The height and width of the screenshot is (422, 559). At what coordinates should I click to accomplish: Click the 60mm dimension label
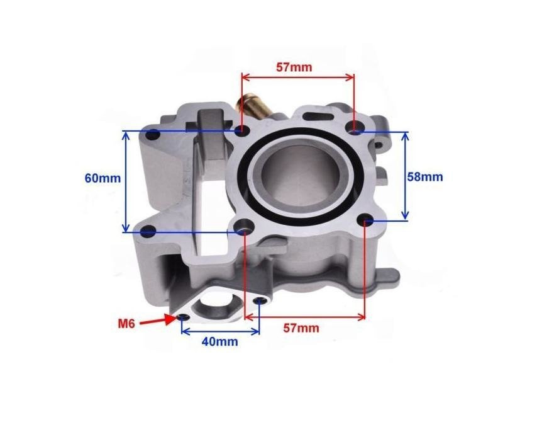point(102,178)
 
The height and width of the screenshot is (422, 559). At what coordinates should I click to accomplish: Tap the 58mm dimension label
point(425,177)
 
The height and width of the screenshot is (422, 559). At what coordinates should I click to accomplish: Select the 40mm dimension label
point(219,341)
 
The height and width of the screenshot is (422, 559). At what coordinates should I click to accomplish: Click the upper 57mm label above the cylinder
point(294,67)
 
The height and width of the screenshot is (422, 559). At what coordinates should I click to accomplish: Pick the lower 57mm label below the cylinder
point(301,328)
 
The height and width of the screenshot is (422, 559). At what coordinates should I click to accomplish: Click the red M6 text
point(126,324)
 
